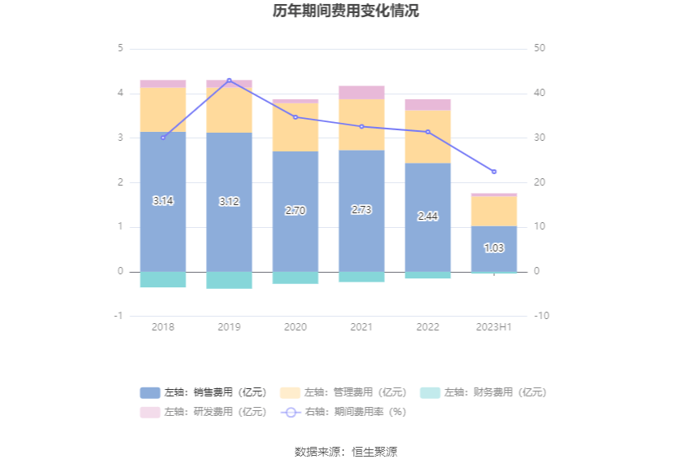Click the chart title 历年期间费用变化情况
[x=346, y=11]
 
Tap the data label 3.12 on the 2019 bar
[x=229, y=202]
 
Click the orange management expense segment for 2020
[x=296, y=127]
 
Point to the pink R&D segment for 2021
[x=361, y=92]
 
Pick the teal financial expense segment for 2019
[x=229, y=280]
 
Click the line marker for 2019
[x=229, y=81]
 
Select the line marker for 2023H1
[x=493, y=172]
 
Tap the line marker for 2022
[x=427, y=132]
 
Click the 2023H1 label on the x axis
[x=493, y=326]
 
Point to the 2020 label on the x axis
[x=296, y=326]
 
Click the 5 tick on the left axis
[x=120, y=49]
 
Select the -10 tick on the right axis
[x=542, y=316]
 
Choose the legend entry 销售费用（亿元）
[x=204, y=392]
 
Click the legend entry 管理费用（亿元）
[x=344, y=392]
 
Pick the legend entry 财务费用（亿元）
[x=484, y=392]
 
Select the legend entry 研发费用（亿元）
[x=204, y=412]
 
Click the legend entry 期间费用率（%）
[x=344, y=412]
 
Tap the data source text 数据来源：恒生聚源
[x=346, y=452]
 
